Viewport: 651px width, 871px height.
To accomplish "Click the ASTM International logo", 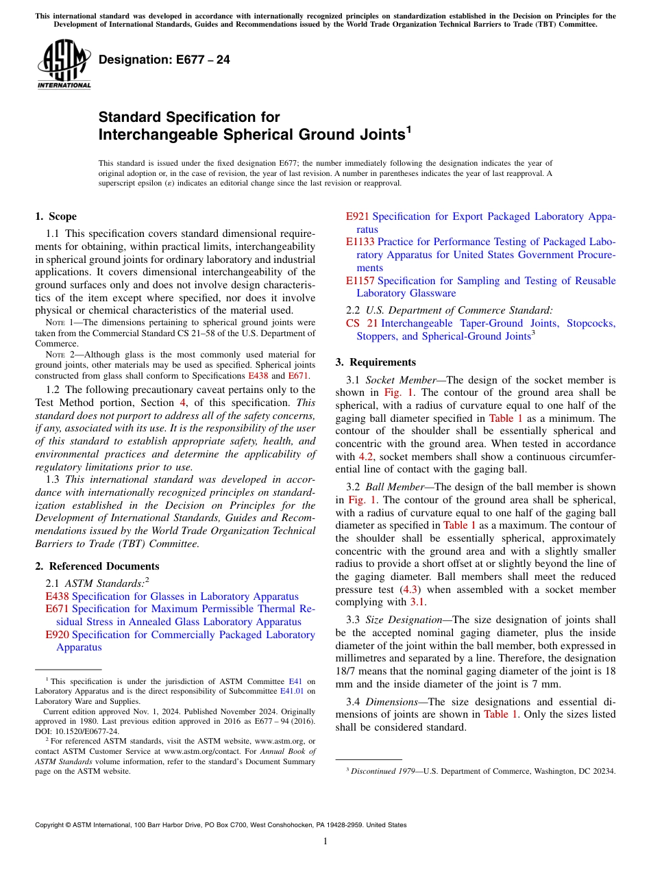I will [x=63, y=65].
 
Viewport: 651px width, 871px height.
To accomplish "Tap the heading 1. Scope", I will [x=56, y=216].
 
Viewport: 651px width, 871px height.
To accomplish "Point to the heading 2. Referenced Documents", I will [x=97, y=566].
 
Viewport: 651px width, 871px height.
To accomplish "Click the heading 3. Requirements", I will [x=376, y=362].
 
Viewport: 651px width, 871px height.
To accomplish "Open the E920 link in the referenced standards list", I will [x=56, y=635].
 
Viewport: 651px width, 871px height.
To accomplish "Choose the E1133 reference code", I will [x=360, y=242].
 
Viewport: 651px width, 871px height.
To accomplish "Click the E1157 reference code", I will [x=360, y=281].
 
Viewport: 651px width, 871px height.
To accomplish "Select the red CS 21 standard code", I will [x=362, y=323].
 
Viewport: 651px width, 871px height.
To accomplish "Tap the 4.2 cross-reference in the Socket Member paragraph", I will [x=367, y=456].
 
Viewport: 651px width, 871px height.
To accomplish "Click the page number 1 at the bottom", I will [x=325, y=842].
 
